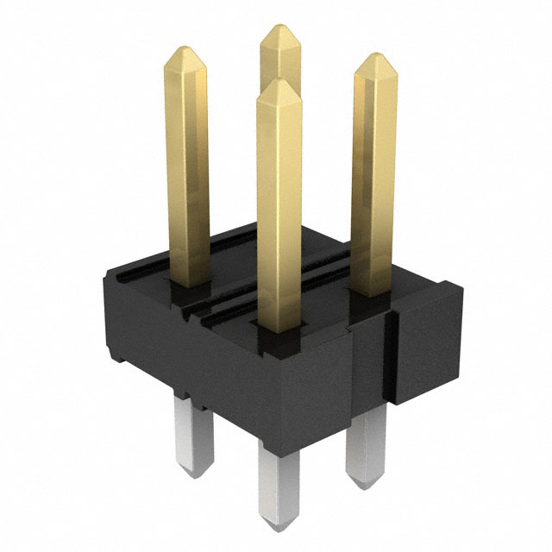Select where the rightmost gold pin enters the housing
click(373, 293)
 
